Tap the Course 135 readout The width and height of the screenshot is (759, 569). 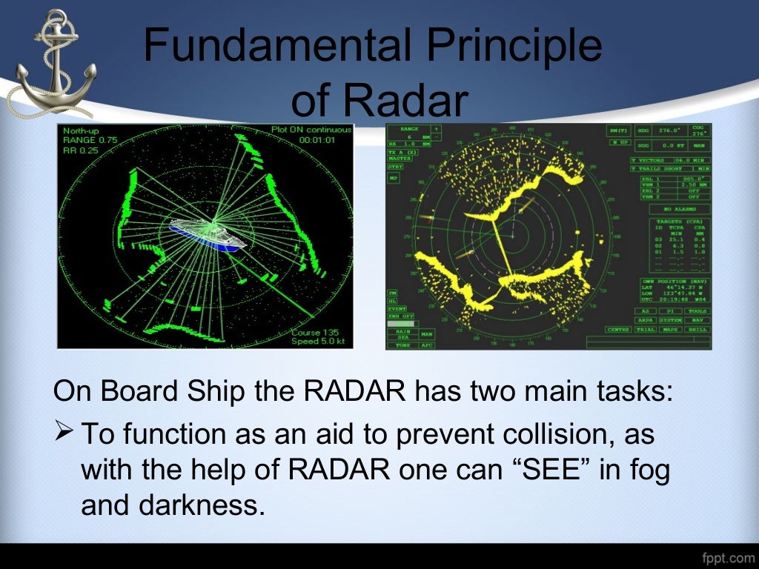tap(316, 333)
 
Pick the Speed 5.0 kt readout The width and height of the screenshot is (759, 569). tap(316, 342)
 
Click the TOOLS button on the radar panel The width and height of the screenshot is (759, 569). tap(696, 311)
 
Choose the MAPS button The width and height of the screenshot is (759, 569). tap(670, 329)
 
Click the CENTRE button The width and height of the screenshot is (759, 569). tap(617, 329)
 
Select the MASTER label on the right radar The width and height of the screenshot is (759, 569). tap(400, 158)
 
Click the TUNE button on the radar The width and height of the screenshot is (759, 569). tap(402, 345)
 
